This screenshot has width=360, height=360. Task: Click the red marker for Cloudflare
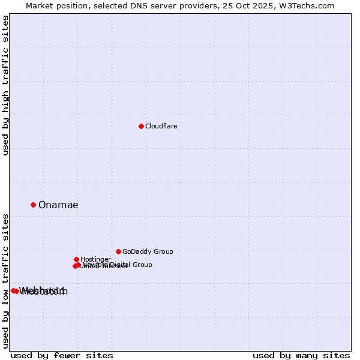141,126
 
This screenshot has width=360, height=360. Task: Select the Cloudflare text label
161,126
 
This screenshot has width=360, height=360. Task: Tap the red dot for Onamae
33,205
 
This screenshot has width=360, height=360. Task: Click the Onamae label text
58,205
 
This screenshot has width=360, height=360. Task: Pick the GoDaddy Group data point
118,251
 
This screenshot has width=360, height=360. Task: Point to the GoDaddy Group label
148,251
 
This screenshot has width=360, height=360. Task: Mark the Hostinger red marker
76,259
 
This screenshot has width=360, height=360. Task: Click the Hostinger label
95,259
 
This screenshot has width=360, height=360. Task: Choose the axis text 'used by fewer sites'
62,355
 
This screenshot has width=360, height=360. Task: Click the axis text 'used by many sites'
301,355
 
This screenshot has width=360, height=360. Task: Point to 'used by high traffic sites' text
6,85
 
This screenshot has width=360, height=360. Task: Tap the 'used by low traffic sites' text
6,281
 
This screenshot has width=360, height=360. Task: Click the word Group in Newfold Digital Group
142,265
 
